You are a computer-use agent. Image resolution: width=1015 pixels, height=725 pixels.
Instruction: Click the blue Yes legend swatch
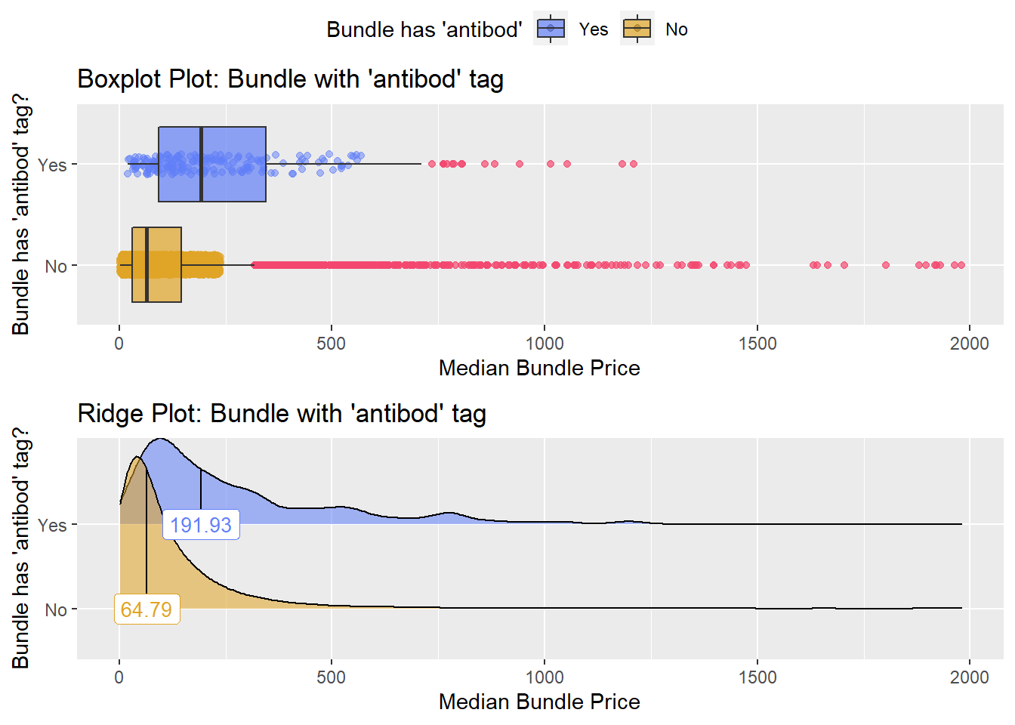click(551, 29)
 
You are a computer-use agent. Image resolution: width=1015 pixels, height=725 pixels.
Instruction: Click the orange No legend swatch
click(637, 29)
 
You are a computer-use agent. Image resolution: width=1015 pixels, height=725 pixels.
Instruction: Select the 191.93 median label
click(201, 525)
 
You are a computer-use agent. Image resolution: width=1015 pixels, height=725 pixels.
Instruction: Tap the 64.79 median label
click(147, 609)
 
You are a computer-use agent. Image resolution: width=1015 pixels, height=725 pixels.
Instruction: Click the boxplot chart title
click(290, 79)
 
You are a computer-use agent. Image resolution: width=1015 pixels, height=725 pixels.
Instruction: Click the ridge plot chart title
click(282, 414)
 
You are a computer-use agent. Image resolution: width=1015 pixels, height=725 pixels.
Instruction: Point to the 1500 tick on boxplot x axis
click(757, 344)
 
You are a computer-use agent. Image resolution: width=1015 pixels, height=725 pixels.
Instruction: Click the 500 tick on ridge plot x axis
click(331, 677)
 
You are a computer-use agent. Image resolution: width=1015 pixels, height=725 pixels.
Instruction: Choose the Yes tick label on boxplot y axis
click(52, 165)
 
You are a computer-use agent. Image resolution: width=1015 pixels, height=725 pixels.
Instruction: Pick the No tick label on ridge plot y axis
click(56, 609)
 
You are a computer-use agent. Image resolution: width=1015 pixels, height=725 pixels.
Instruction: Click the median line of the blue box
click(201, 164)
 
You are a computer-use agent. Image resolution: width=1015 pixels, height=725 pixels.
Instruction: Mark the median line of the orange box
click(147, 265)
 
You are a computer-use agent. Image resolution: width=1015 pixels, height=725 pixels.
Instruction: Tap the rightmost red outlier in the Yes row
click(634, 164)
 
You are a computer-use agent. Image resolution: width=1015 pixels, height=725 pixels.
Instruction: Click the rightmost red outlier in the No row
click(961, 265)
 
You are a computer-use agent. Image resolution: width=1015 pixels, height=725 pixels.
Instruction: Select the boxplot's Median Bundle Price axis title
click(539, 368)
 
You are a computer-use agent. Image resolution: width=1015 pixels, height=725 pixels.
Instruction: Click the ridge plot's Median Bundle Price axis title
click(539, 702)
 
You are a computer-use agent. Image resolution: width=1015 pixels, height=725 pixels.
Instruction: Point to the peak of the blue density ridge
click(160, 440)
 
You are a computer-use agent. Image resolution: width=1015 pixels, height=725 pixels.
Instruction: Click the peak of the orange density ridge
click(137, 458)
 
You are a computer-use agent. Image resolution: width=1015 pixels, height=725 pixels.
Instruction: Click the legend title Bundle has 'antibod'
click(424, 29)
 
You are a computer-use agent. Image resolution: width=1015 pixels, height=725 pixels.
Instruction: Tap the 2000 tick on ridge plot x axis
click(969, 677)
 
